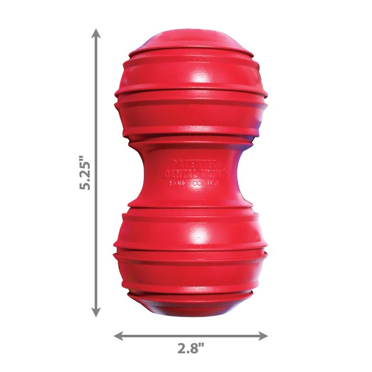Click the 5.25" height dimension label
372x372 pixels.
[86, 172]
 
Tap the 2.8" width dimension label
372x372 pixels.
[190, 348]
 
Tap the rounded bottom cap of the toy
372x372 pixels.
[189, 304]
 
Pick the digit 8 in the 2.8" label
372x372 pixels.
[195, 348]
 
